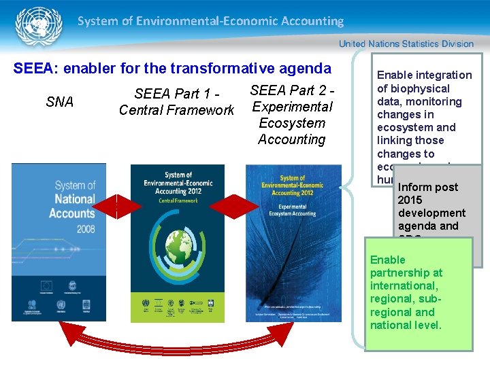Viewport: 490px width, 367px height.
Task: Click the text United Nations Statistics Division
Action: coord(406,43)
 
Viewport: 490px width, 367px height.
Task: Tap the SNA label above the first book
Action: coord(59,102)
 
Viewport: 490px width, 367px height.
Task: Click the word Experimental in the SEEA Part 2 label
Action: coord(292,107)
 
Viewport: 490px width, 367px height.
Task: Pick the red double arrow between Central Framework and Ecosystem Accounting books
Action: coord(235,206)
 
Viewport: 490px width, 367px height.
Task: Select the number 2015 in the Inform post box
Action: coord(410,200)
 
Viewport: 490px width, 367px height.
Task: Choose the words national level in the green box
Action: coord(406,325)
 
